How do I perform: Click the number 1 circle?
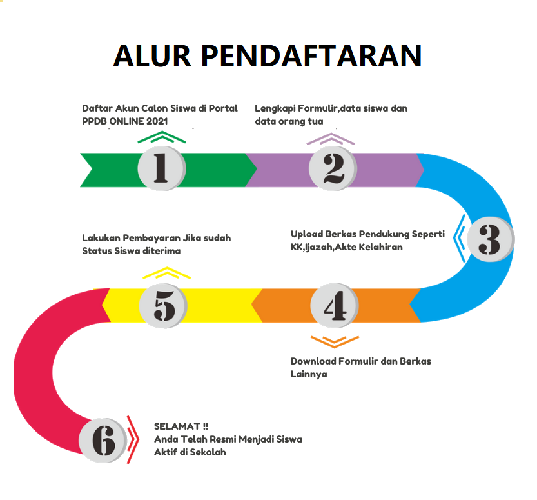(x=161, y=169)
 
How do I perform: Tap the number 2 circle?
(x=332, y=169)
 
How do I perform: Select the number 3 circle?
(x=490, y=240)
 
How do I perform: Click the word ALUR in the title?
(x=152, y=57)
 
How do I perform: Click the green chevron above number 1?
(x=162, y=137)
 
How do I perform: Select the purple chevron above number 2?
(x=331, y=139)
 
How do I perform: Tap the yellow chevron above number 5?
(x=166, y=273)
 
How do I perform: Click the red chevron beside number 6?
(x=132, y=439)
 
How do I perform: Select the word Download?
(x=313, y=361)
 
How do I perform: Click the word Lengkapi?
(x=275, y=108)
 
